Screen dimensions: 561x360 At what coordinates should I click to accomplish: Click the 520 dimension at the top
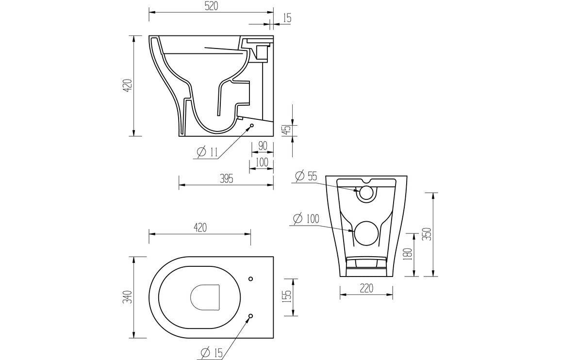tap(211, 6)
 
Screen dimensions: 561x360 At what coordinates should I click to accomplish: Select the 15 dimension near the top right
tap(287, 18)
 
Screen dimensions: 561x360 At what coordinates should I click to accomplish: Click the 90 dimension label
tap(263, 146)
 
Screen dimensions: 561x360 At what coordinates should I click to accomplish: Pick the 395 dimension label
tap(226, 178)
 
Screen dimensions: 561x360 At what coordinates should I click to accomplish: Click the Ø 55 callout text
tap(306, 176)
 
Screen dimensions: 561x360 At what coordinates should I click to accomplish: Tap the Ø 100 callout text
tap(306, 218)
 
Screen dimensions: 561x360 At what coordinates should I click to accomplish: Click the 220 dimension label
tap(366, 288)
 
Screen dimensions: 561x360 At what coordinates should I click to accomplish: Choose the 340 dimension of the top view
tap(128, 297)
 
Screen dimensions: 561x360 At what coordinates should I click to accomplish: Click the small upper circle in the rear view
tap(365, 192)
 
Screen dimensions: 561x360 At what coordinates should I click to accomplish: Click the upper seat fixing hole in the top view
tap(250, 279)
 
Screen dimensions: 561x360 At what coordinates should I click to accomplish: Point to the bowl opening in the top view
tap(203, 297)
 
